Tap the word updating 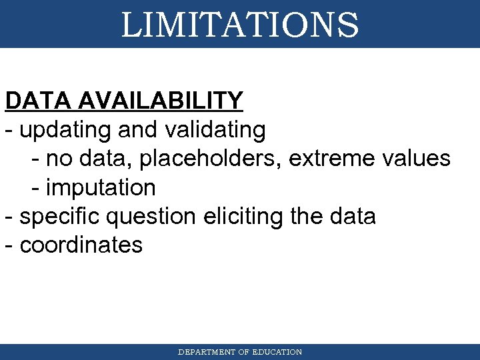click(x=66, y=129)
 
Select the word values click(x=417, y=159)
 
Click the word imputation click(x=101, y=187)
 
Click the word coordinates click(x=81, y=245)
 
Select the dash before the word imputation click(x=35, y=188)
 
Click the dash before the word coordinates click(x=8, y=245)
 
